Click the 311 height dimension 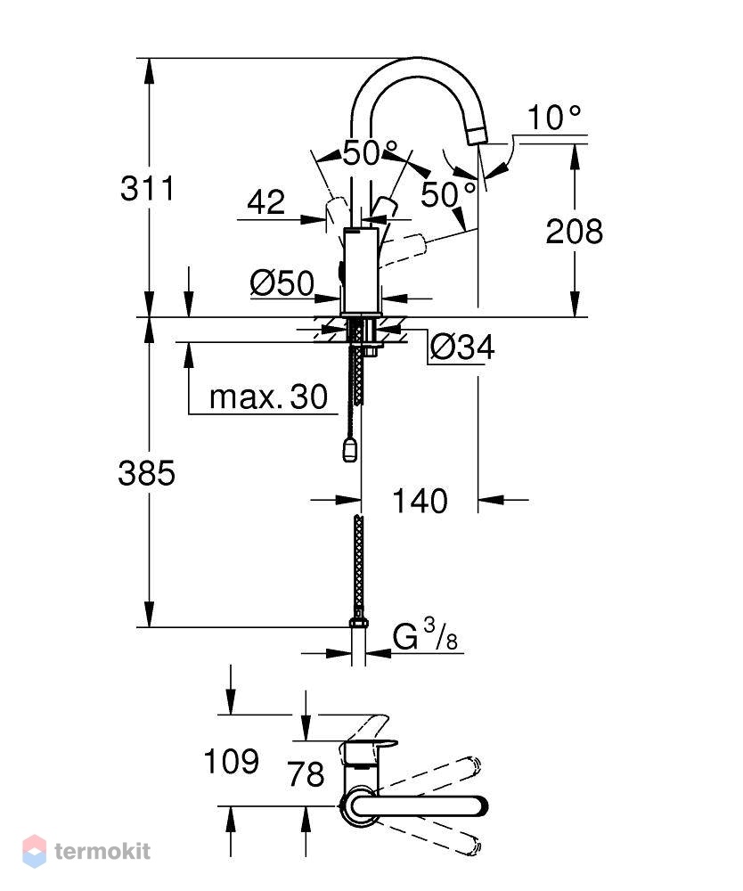coord(148,189)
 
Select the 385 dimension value coord(147,473)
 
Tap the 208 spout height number coord(575,232)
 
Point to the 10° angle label coord(554,118)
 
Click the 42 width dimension coord(265,202)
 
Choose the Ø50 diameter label coord(282,283)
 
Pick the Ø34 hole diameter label coord(462,347)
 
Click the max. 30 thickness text coord(269,396)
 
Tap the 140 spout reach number coord(420,501)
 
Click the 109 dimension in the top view coord(232,762)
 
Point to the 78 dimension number coord(306,774)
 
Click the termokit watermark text coord(102,851)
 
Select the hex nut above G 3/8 coord(358,623)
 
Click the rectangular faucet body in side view coord(361,271)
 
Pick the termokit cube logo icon coord(34,851)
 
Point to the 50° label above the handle coord(370,152)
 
